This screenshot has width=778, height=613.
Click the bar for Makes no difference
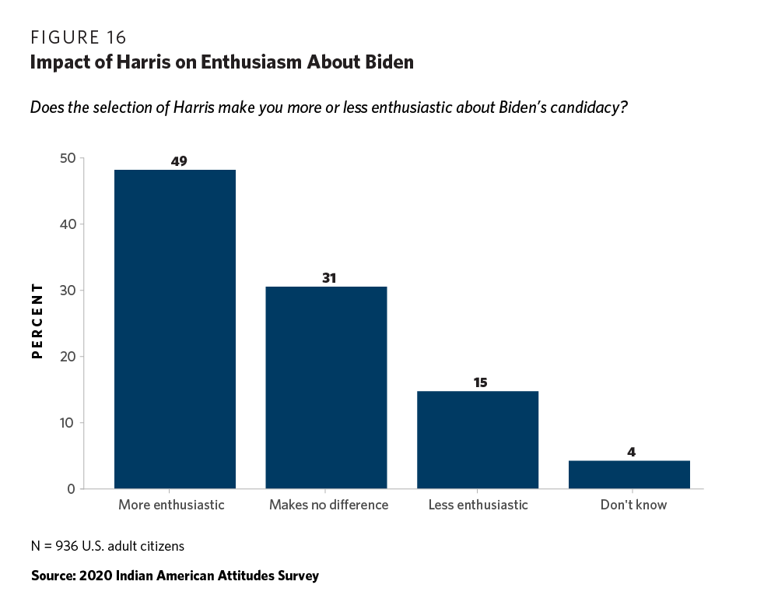326,388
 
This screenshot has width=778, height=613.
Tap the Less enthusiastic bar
478,440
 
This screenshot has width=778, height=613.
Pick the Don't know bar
629,474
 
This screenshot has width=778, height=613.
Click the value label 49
179,161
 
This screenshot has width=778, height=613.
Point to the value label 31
328,278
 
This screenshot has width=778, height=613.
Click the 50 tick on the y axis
67,158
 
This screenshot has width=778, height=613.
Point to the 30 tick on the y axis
67,291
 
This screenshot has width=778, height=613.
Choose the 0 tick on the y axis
71,489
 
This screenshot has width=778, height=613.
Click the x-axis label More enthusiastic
171,505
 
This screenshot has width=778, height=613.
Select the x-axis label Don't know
633,505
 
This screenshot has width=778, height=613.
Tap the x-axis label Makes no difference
328,505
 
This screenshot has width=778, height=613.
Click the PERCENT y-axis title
36,322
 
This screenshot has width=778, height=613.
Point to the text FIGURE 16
78,37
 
